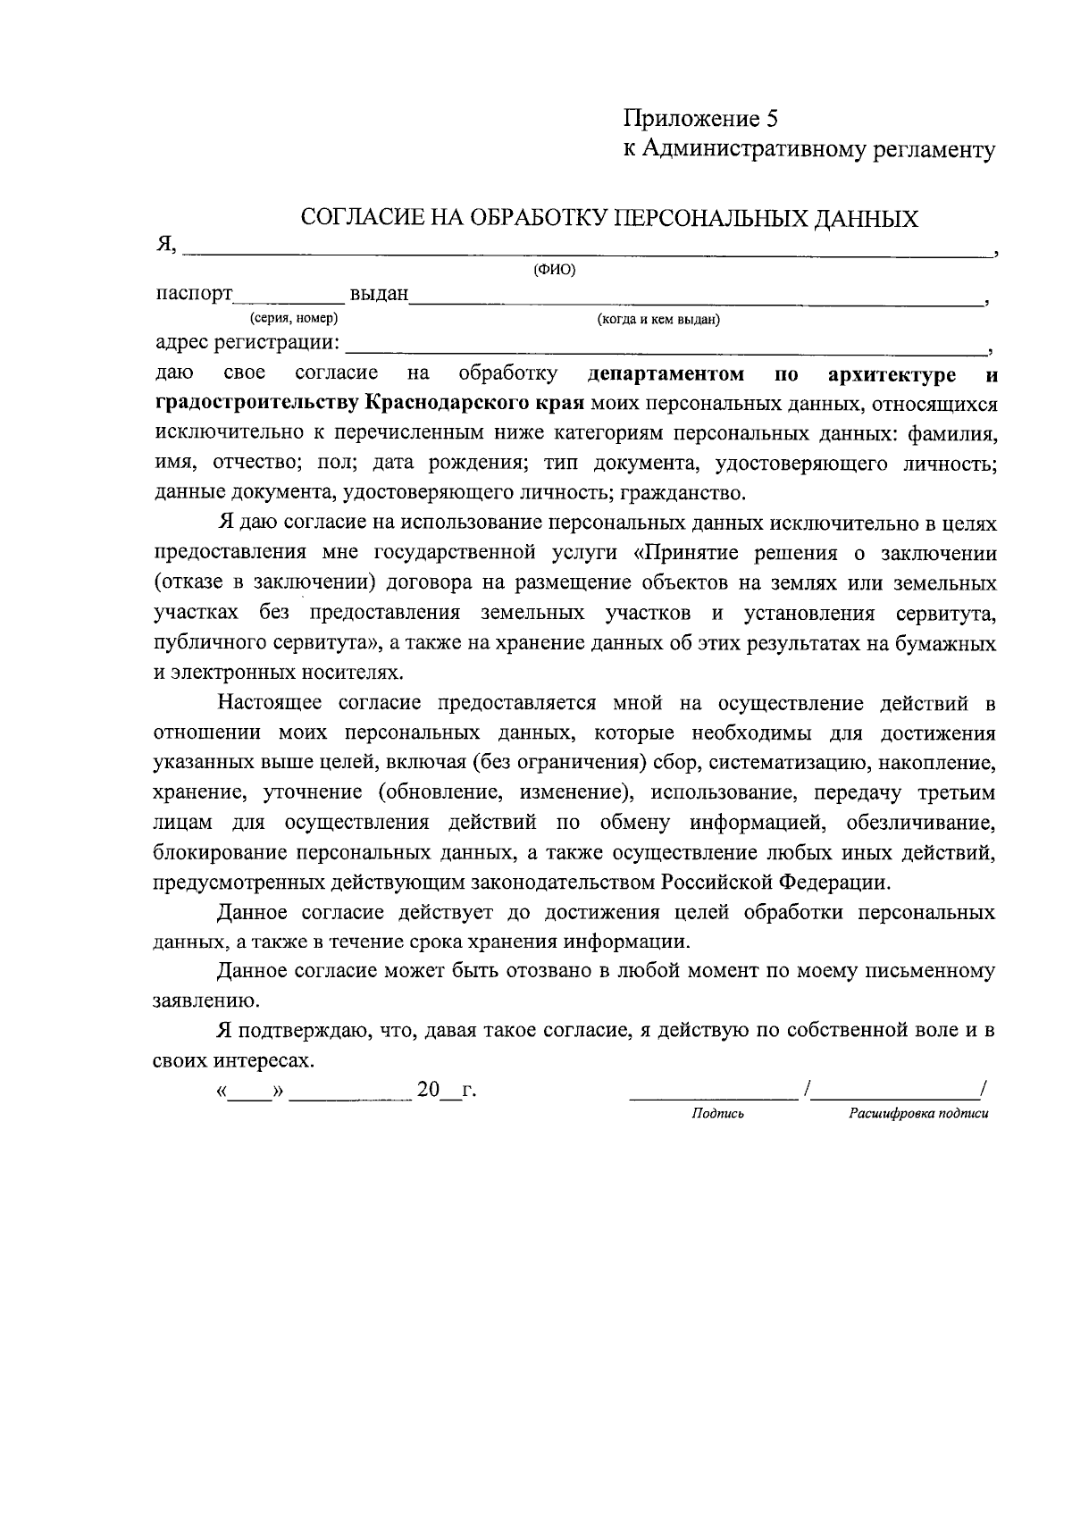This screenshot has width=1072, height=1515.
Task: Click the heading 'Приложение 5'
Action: pyautogui.click(x=701, y=118)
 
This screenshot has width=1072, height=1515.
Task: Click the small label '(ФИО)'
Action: pyautogui.click(x=554, y=271)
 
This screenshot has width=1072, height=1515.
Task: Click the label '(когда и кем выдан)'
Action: pyautogui.click(x=658, y=319)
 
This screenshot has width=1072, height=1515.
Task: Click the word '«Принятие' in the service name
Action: pyautogui.click(x=678, y=552)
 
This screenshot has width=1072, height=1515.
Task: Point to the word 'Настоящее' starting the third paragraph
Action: pyautogui.click(x=273, y=703)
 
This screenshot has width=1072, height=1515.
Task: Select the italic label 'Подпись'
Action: pyautogui.click(x=717, y=1114)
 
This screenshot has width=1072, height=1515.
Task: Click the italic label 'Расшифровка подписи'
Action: pyautogui.click(x=918, y=1114)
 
